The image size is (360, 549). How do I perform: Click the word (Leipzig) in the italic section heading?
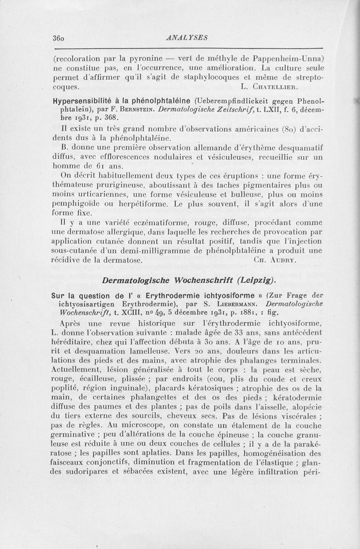(256, 280)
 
